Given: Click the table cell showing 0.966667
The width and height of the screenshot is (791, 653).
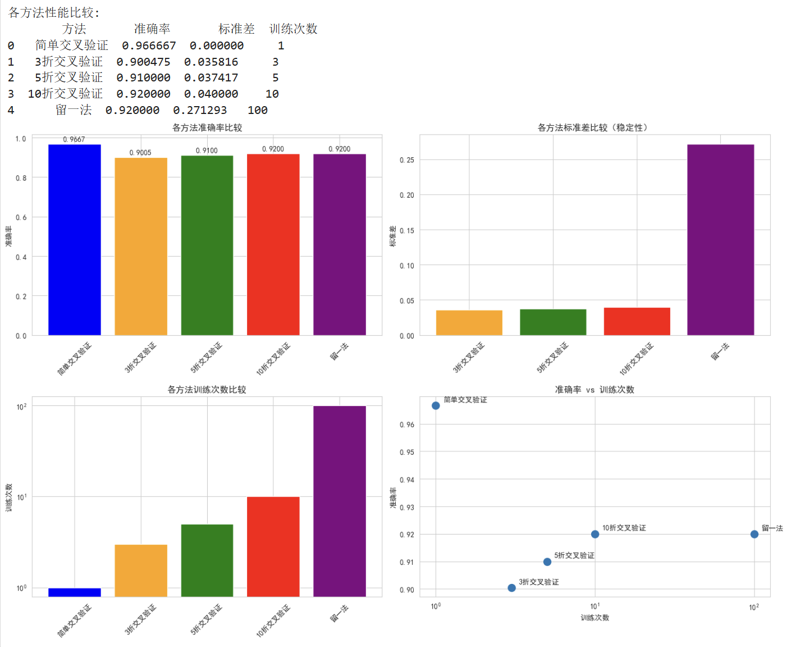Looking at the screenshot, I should pos(149,45).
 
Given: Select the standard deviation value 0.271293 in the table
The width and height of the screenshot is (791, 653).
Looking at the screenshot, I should pos(200,110).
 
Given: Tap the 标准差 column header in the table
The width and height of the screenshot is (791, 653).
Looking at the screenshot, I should pos(236,29).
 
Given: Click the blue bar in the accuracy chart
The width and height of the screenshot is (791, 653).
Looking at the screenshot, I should pos(75,240).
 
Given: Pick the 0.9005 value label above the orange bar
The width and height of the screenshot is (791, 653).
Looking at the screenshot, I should pos(140,152).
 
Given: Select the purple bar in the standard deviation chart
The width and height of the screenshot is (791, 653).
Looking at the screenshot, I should pos(720,240).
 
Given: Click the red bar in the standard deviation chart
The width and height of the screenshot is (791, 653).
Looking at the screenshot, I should pos(637,321).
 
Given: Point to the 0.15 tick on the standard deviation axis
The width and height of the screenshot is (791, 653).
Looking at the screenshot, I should pos(406,230).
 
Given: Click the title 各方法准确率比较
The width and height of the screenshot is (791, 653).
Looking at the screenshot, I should pos(207,127).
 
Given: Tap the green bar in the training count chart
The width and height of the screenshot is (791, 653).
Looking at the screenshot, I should pos(207,560).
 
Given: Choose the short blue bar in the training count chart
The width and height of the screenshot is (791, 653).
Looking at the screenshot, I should pos(75,592).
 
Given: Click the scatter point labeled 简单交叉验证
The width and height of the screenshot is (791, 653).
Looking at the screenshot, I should pos(436,405).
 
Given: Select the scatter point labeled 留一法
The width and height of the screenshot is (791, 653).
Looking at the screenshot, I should pos(754,534).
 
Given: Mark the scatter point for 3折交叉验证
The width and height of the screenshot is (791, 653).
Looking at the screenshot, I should pos(511,588).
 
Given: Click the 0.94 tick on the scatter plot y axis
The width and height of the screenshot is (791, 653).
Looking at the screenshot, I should pos(406,480).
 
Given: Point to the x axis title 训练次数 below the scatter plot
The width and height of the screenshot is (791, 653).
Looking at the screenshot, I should pos(595,618).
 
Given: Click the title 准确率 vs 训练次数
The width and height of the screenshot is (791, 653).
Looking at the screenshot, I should pos(595,390).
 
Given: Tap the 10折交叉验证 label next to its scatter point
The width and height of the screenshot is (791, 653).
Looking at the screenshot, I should pos(624,528).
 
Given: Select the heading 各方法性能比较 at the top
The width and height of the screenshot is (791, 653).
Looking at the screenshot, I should pos(53,12).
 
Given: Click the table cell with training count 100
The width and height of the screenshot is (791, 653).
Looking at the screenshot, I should pos(258,110).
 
